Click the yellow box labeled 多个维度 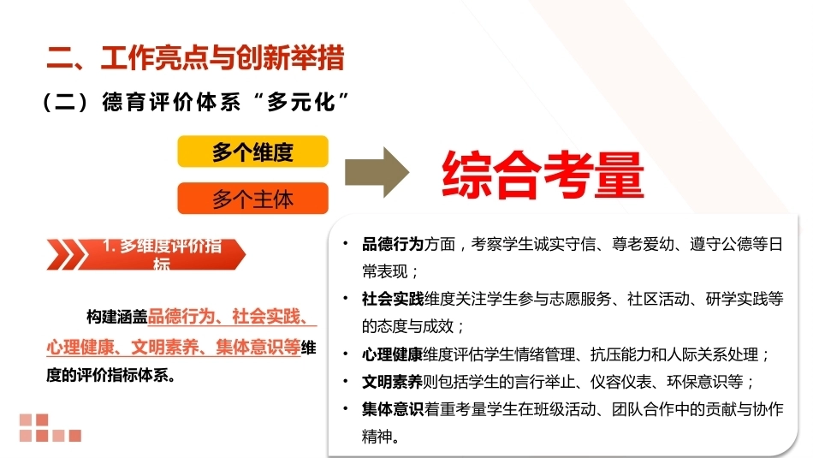253,152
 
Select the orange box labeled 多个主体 253,198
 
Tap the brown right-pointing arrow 377,172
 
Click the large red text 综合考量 543,175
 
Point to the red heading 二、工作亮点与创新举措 195,57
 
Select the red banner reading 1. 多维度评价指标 146,254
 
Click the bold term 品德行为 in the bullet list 393,244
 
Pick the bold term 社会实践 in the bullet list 393,299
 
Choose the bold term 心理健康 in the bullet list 392,354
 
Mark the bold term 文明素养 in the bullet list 392,382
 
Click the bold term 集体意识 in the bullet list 393,409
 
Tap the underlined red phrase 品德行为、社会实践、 232,317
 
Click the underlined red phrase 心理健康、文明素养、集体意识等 173,347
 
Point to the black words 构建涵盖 117,317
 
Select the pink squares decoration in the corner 50,428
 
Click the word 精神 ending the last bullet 377,437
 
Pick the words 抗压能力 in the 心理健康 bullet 620,354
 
